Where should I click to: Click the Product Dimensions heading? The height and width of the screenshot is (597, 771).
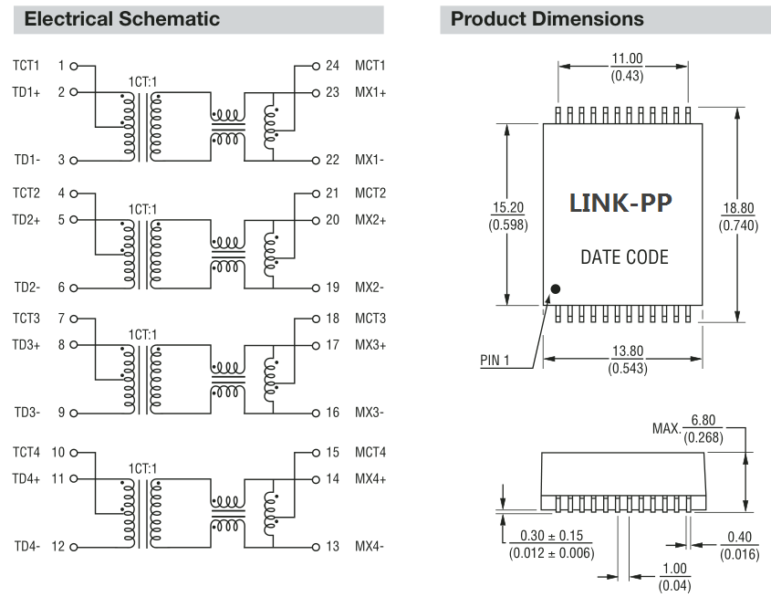[547, 18]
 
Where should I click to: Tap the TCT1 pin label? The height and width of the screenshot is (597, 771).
[26, 66]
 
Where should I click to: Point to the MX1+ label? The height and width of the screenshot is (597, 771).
[370, 92]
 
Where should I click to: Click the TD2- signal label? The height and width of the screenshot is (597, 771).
[26, 288]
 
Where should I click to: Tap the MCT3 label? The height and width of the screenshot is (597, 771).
[370, 319]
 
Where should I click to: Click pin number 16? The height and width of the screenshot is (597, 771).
[332, 413]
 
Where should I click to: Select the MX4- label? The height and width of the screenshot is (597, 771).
[370, 547]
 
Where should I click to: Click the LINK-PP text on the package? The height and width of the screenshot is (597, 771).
[620, 203]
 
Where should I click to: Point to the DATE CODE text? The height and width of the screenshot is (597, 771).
[624, 257]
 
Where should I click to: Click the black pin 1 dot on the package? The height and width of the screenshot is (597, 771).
[557, 290]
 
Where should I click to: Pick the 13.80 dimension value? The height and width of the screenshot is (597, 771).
[626, 352]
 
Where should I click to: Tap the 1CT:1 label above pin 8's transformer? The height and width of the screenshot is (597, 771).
[142, 335]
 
